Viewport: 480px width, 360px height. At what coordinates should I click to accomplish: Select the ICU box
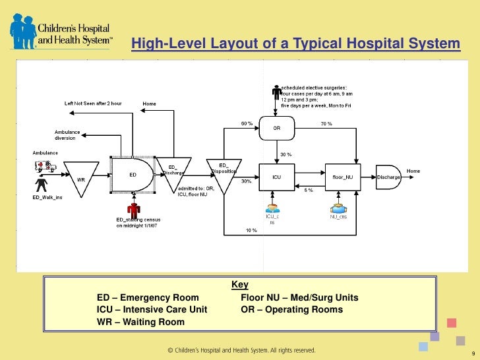tap(277, 176)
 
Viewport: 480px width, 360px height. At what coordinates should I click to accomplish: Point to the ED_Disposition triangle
tap(223, 173)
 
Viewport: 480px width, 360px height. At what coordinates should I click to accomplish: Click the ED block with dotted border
tap(133, 175)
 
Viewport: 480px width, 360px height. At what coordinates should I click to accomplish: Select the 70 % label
tap(326, 123)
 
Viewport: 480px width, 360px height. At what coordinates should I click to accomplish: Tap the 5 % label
tap(309, 190)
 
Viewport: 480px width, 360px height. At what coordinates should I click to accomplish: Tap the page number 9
tap(464, 352)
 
